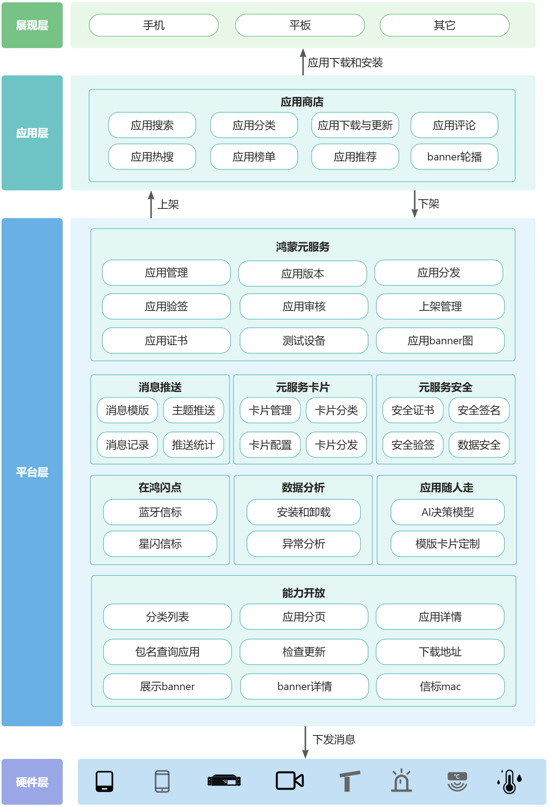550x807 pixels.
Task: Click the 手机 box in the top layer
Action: pos(154,25)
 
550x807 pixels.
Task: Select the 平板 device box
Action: pos(300,25)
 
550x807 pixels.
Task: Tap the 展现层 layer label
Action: pos(32,25)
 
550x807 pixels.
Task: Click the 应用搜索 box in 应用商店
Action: pos(152,125)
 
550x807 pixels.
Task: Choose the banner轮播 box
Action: pos(454,157)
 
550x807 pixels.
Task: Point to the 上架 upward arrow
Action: pos(151,204)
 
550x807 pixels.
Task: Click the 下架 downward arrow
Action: pos(415,204)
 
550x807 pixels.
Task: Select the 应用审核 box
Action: pos(304,307)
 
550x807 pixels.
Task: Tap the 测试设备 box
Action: pos(304,340)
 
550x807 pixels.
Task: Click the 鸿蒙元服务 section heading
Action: pos(303,247)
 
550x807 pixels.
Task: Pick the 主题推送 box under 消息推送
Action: pos(194,410)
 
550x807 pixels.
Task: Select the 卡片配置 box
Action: pos(270,445)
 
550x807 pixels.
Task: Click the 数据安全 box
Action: pos(479,445)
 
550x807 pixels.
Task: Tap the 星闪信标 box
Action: pos(160,544)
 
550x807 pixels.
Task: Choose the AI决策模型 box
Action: pos(448,512)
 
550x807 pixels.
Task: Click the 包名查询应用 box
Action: pos(167,652)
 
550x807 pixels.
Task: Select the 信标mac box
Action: pos(440,687)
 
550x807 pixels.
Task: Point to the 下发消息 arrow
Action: pos(305,742)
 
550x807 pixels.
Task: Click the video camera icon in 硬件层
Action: pos(290,781)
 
